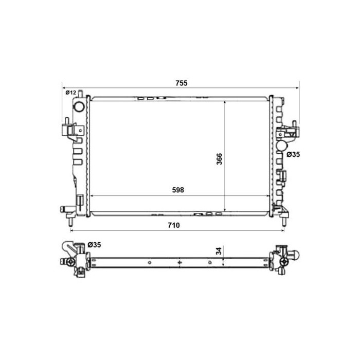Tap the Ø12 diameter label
pyautogui.click(x=71, y=92)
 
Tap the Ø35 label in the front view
pyautogui.click(x=294, y=154)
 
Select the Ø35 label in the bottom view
pyautogui.click(x=94, y=245)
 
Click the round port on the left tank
pyautogui.click(x=79, y=107)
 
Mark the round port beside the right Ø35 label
pyautogui.click(x=281, y=146)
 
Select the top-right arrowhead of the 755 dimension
pyautogui.click(x=298, y=88)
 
